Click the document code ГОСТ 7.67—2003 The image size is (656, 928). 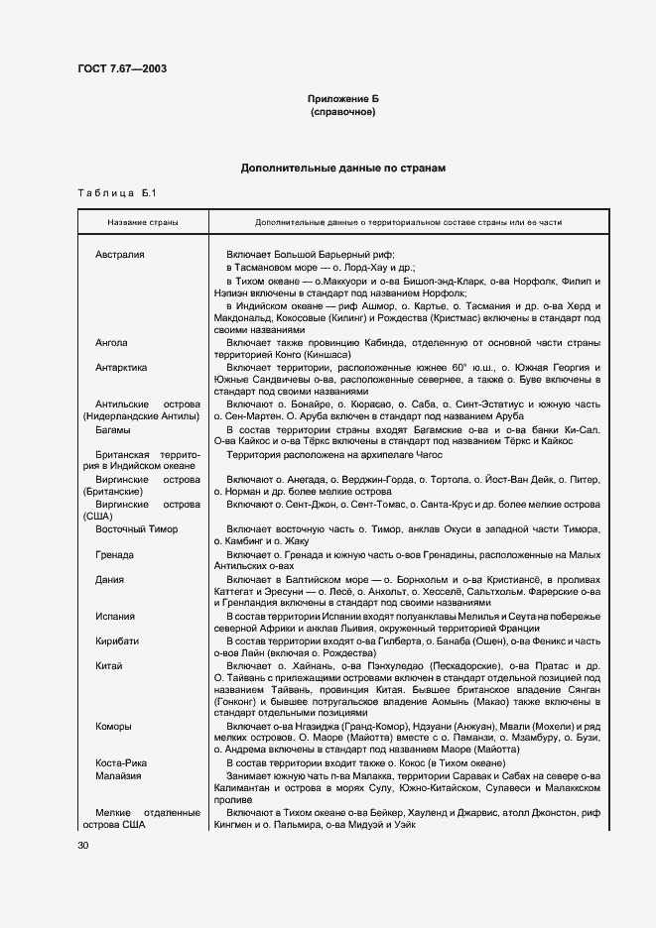pyautogui.click(x=122, y=68)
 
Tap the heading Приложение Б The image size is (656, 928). pyautogui.click(x=342, y=99)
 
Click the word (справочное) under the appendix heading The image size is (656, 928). pyautogui.click(x=342, y=113)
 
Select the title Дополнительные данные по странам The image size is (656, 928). pyautogui.click(x=342, y=169)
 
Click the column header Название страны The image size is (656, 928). pyautogui.click(x=143, y=222)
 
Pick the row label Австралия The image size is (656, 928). pyautogui.click(x=120, y=255)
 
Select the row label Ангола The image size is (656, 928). pyautogui.click(x=111, y=343)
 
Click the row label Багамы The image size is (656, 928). pyautogui.click(x=113, y=430)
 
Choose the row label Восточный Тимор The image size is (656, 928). pyautogui.click(x=136, y=529)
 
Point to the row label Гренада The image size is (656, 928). pyautogui.click(x=115, y=554)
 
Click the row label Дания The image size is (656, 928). pyautogui.click(x=110, y=579)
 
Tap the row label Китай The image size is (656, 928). pyautogui.click(x=109, y=665)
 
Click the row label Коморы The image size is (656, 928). pyautogui.click(x=113, y=727)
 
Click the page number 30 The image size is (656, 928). pyautogui.click(x=83, y=845)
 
